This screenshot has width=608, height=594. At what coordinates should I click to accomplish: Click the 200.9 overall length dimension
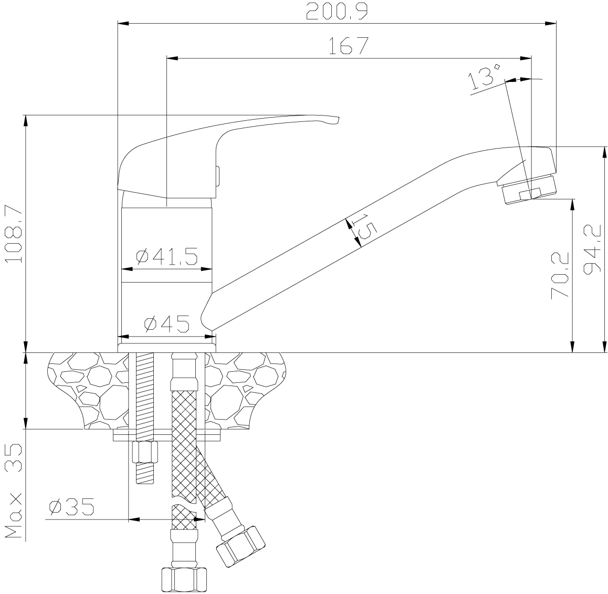point(337,11)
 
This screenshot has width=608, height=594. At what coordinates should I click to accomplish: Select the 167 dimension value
point(349,46)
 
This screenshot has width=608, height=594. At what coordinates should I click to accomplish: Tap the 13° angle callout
point(485,77)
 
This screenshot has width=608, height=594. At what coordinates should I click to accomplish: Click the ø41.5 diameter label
point(167,256)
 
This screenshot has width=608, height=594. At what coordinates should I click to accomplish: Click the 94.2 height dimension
point(592,251)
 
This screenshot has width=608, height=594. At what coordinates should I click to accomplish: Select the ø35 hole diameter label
point(72,507)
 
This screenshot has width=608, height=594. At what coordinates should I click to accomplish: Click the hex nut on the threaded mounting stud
point(145,452)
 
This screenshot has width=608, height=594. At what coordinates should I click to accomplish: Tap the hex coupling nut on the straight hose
point(184,580)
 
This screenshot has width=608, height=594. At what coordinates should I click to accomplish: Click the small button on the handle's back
point(218,176)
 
